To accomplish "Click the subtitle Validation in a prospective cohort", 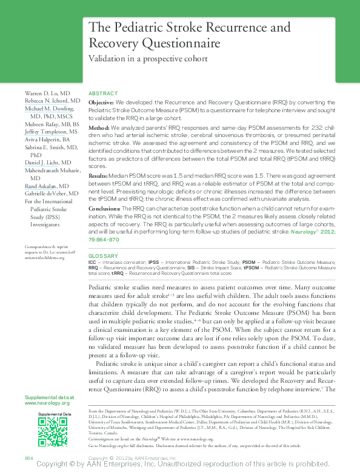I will (x=148, y=59).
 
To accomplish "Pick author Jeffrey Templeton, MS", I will (x=51, y=131).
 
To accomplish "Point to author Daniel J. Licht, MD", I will (x=48, y=163).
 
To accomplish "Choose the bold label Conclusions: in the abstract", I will (x=105, y=207).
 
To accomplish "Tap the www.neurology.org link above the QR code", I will (x=47, y=403).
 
